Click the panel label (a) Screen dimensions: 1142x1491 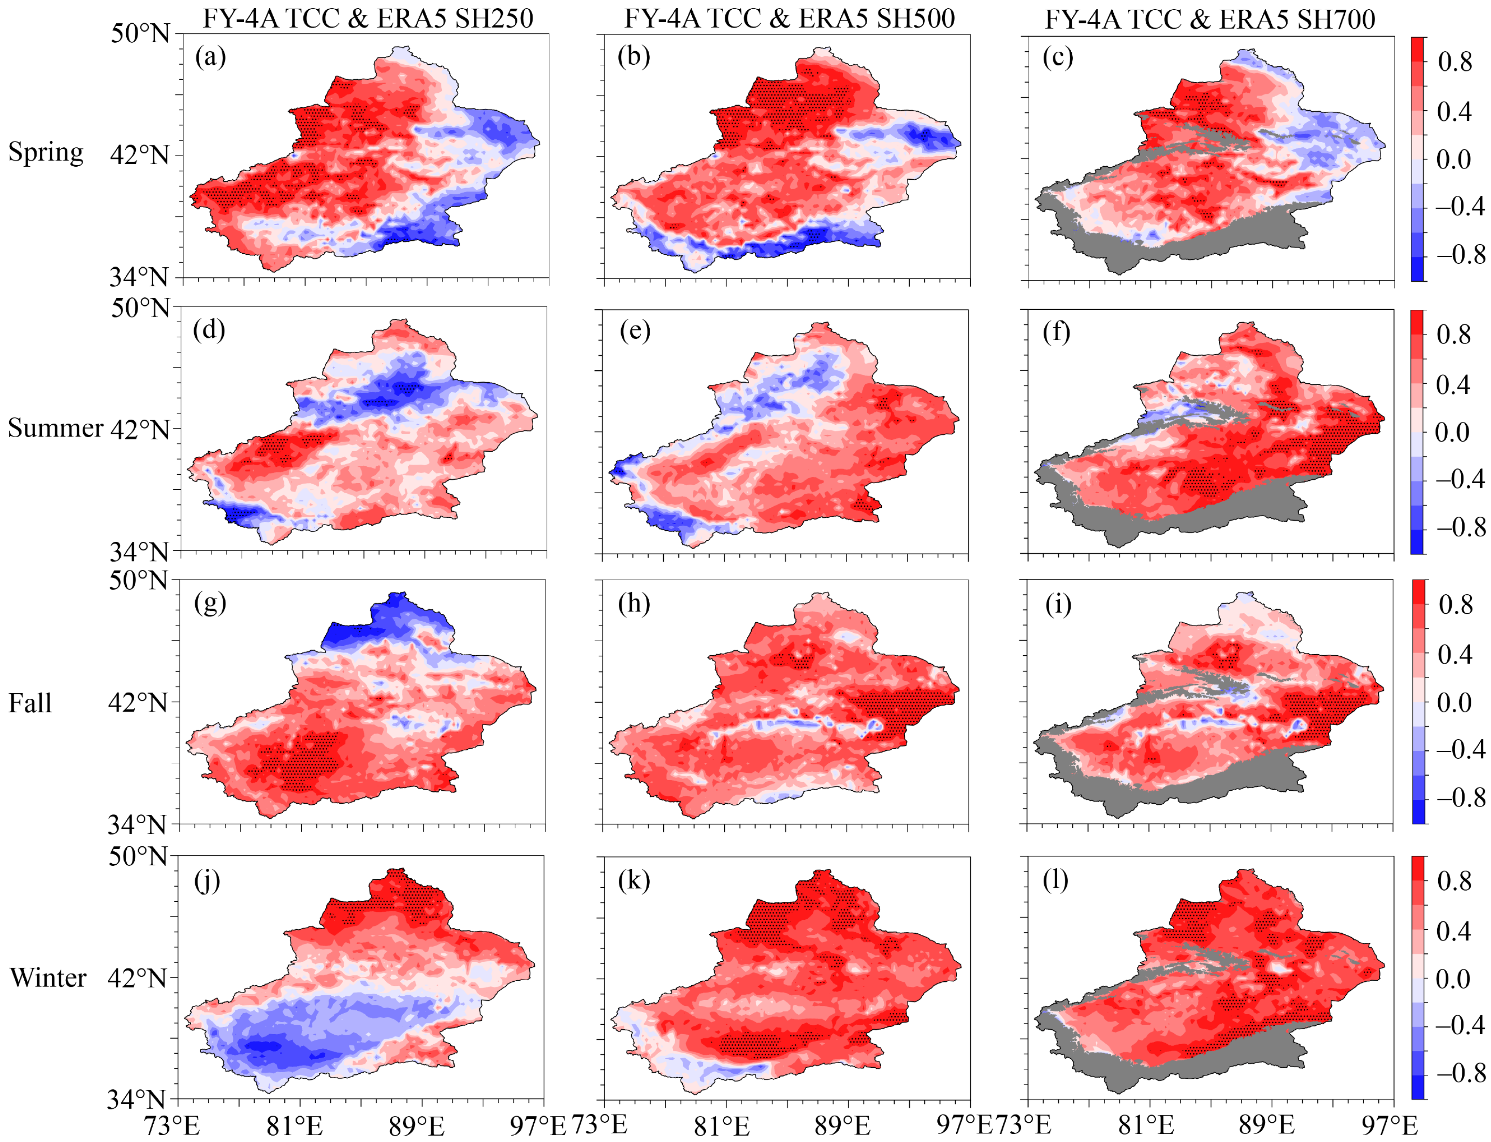210,57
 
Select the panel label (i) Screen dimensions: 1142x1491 1058,604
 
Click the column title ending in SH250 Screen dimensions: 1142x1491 368,18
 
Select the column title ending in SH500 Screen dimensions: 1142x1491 790,18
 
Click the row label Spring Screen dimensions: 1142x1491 45,152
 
